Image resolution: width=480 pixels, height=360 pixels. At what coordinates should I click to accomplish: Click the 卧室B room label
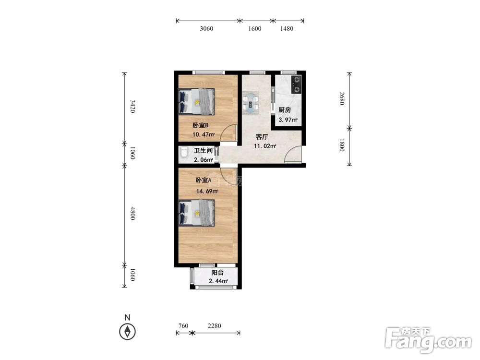point(201,125)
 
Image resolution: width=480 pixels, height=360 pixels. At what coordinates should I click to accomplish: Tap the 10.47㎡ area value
point(203,134)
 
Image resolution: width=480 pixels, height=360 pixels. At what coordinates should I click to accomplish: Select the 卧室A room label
point(203,180)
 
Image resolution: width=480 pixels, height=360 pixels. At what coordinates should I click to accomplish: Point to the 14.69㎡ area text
point(207,192)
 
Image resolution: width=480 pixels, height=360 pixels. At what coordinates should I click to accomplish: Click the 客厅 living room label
point(262,137)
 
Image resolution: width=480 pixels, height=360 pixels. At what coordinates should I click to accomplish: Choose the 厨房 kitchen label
point(285,110)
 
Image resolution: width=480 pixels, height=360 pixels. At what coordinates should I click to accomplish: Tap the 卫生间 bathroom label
point(203,151)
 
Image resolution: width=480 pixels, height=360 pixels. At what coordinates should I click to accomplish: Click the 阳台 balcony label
point(217,273)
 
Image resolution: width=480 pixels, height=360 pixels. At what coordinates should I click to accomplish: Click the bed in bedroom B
point(196,101)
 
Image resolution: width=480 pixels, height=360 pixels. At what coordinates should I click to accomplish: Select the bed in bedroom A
point(196,213)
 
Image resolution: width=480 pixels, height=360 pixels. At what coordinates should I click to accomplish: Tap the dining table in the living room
point(251,103)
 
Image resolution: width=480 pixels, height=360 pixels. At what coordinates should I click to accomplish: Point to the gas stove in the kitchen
point(296,84)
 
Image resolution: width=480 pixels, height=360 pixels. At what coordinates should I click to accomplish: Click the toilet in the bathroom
point(184,153)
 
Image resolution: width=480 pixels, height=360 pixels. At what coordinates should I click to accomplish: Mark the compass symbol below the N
point(127,332)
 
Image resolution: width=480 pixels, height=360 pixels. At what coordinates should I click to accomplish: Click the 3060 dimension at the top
point(206,28)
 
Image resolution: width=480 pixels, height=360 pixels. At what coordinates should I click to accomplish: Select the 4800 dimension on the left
point(132,213)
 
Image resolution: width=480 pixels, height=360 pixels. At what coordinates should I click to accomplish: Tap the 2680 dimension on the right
point(342,98)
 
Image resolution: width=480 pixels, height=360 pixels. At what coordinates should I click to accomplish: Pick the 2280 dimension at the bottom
point(214,326)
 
